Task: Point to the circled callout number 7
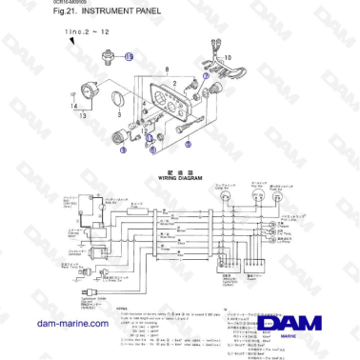207,75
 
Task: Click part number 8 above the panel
169,70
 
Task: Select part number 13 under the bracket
82,115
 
